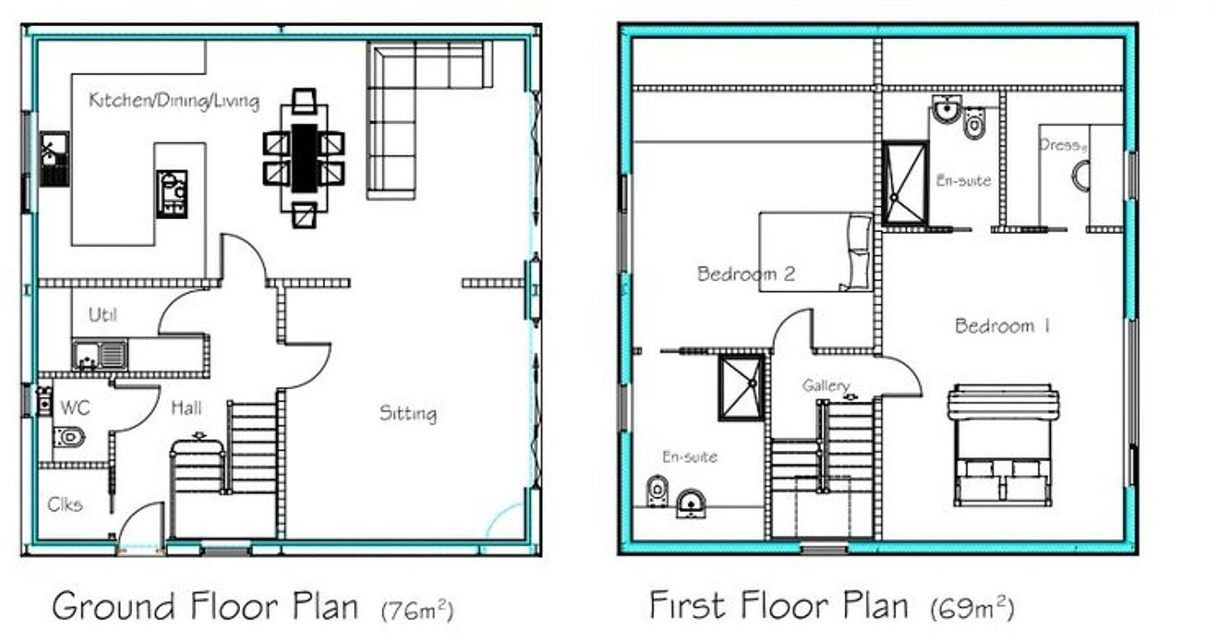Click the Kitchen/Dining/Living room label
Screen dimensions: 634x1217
point(174,100)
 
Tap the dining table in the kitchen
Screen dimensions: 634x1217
point(304,158)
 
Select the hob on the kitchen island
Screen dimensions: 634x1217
point(172,194)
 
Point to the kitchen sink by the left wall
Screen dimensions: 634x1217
point(54,159)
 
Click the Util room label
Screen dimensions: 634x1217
point(103,315)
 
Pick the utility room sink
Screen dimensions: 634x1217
point(99,355)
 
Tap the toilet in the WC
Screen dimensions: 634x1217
point(69,436)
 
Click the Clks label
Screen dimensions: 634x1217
point(65,504)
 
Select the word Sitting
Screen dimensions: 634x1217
point(408,414)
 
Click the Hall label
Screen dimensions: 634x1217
point(186,408)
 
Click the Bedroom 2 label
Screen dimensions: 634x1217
point(746,273)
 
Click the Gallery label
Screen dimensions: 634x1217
point(826,385)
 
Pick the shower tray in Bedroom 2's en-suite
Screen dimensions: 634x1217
point(741,387)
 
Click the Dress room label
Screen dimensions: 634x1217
point(1062,145)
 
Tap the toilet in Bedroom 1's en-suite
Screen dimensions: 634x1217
point(974,124)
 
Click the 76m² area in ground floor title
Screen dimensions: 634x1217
point(417,610)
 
